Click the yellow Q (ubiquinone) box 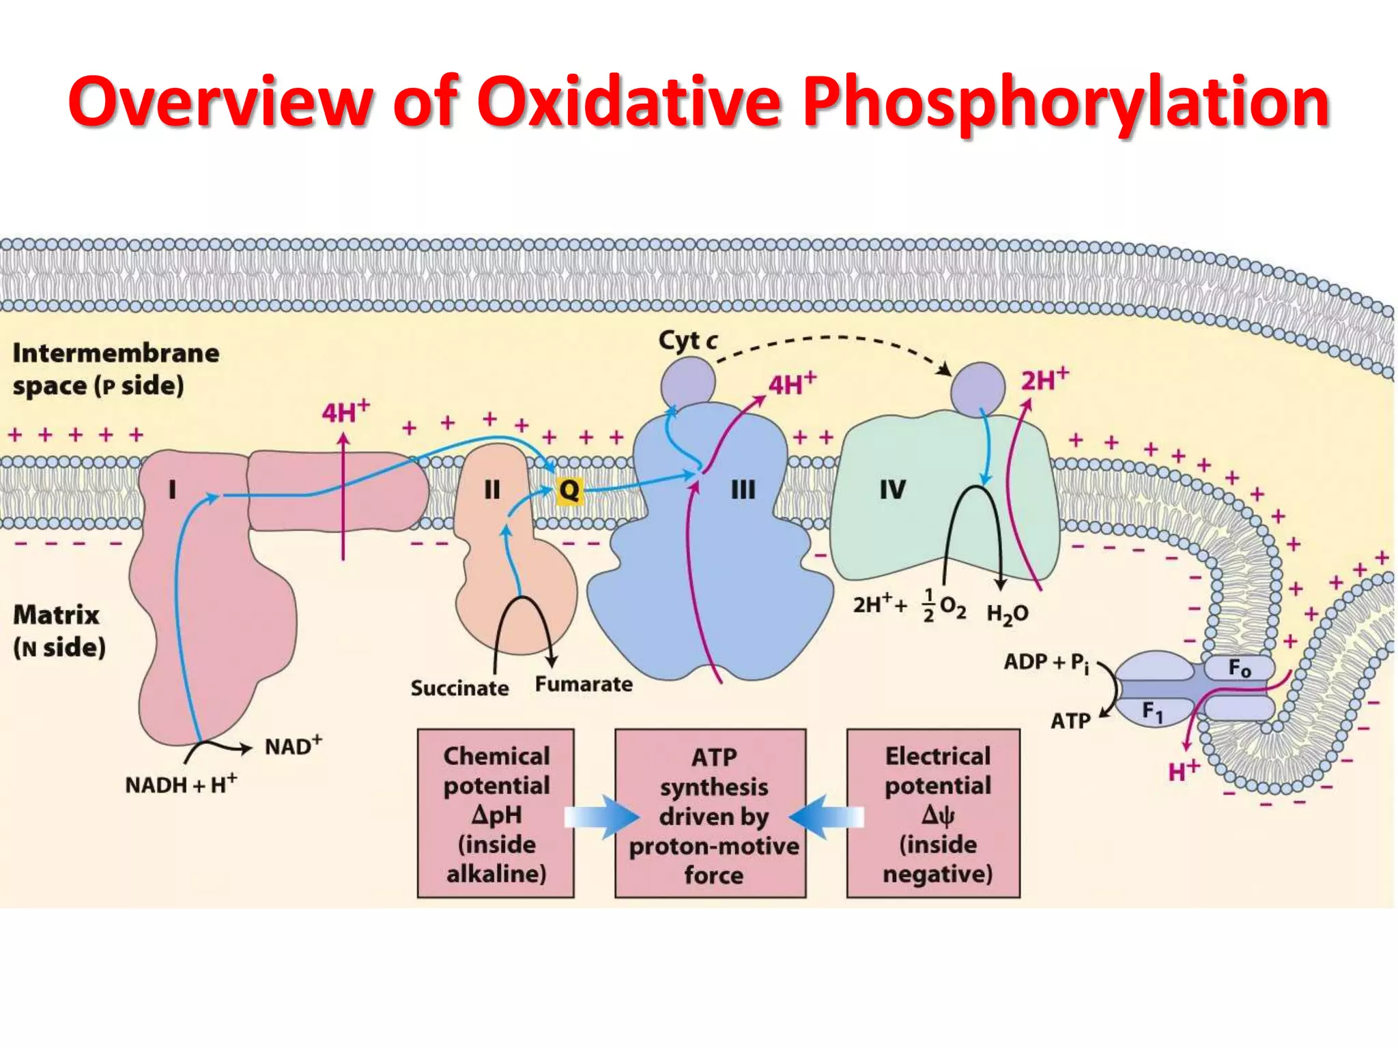[569, 490]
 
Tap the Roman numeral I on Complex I [172, 489]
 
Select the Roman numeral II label [491, 489]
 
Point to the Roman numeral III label [743, 489]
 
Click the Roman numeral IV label [892, 489]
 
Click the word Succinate [459, 688]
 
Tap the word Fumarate [584, 684]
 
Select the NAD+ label [293, 745]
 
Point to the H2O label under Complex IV [1007, 614]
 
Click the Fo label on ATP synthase [1239, 668]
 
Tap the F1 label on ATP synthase [1152, 712]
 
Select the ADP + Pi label [1046, 663]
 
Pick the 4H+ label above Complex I [345, 411]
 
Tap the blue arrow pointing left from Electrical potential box [826, 817]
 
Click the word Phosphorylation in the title [1066, 102]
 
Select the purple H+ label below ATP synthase [1183, 770]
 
